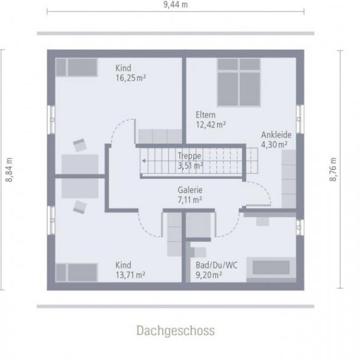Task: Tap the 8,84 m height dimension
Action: (x=9, y=169)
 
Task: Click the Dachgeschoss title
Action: (x=175, y=330)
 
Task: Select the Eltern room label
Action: (x=205, y=115)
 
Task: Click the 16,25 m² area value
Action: (x=131, y=77)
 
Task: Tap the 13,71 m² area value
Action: (x=131, y=275)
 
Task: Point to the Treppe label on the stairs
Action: (x=189, y=155)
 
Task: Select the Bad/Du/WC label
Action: (x=212, y=265)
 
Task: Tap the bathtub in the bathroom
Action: (x=270, y=266)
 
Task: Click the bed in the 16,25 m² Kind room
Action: (x=77, y=67)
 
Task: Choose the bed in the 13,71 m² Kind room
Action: (x=77, y=272)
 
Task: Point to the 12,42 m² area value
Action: (x=210, y=124)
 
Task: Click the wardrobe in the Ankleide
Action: (x=288, y=178)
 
